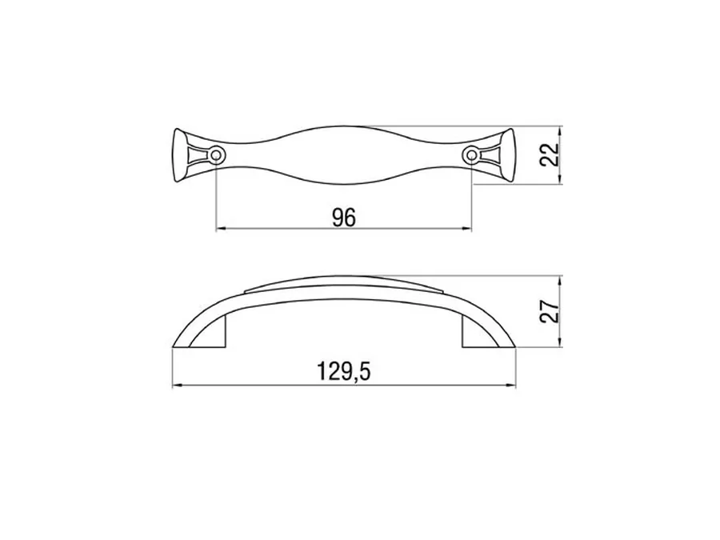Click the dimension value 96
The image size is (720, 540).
pos(344,217)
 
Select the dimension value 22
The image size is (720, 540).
pos(549,154)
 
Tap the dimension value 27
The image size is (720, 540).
pos(549,311)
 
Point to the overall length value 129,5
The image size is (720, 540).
pos(343,371)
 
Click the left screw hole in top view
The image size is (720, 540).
pos(216,154)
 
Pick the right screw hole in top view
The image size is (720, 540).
pos(471,154)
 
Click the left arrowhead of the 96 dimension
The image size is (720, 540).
pos(221,228)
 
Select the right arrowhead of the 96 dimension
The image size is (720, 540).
pos(467,228)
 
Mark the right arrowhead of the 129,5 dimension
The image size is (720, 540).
pos(511,385)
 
